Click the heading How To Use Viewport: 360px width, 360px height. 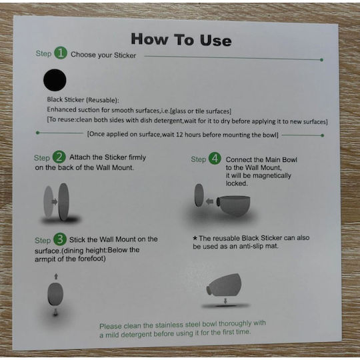(181, 39)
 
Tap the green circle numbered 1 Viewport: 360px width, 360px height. (61, 53)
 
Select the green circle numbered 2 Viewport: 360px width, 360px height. (59, 157)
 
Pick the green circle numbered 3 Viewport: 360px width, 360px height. (60, 239)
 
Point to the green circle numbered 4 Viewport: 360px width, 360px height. (215, 159)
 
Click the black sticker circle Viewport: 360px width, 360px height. (55, 80)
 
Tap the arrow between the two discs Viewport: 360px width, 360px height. (55, 201)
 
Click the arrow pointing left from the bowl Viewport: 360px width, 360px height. (209, 201)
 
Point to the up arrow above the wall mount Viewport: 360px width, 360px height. (56, 277)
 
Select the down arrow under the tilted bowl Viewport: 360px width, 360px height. (225, 301)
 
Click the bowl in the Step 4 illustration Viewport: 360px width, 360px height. (233, 206)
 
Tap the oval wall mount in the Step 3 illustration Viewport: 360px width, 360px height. (55, 294)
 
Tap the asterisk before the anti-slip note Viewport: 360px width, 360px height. (195, 238)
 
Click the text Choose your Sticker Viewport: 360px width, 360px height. (103, 55)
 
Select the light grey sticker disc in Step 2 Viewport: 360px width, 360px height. (49, 201)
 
